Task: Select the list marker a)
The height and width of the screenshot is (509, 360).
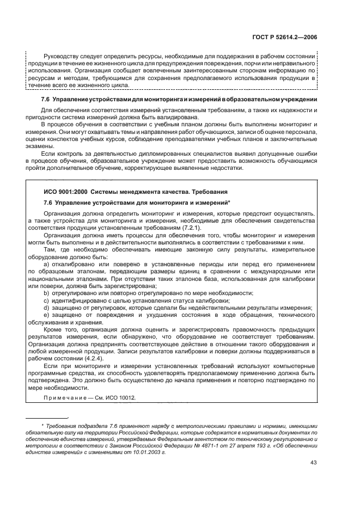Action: (x=47, y=264)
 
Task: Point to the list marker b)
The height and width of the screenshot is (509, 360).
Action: (x=47, y=293)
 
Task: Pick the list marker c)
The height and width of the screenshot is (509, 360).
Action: (x=47, y=300)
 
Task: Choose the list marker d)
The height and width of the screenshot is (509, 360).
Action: (x=47, y=308)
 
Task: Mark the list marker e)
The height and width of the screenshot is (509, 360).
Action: (x=47, y=315)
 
